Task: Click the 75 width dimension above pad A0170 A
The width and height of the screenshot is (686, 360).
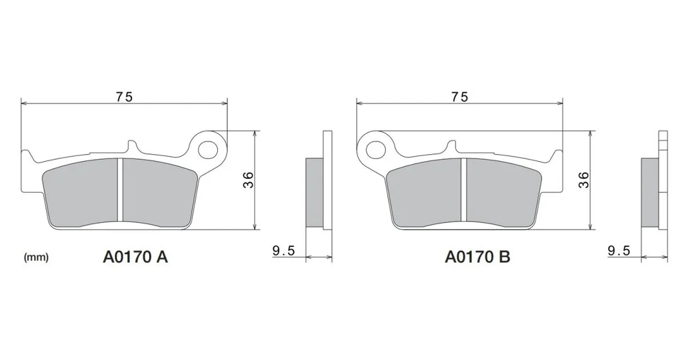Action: (124, 97)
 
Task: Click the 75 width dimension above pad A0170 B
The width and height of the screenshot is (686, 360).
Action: (460, 97)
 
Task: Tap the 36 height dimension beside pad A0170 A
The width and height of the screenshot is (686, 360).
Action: (248, 180)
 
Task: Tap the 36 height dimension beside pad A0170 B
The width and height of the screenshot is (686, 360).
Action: (584, 180)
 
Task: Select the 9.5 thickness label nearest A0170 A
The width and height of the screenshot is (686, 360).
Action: (284, 251)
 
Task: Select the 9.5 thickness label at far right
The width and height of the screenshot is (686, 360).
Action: (619, 251)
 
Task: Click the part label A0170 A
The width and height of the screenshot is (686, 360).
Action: (135, 257)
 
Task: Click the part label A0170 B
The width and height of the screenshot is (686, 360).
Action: (478, 257)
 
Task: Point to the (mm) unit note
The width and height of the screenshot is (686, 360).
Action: (36, 257)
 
